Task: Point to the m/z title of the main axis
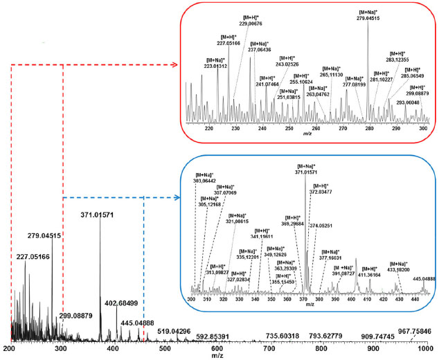218,357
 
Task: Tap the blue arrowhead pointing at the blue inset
177,198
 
